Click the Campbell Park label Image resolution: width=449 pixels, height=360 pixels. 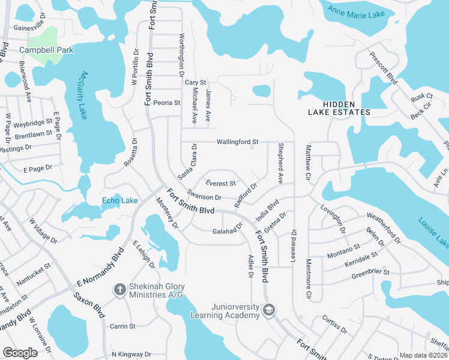tap(47, 50)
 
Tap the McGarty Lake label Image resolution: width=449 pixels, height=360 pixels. tap(83, 95)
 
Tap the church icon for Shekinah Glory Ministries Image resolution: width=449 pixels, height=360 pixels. tap(119, 290)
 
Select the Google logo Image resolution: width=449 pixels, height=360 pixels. tap(20, 353)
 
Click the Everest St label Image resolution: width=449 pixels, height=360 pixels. tap(220, 183)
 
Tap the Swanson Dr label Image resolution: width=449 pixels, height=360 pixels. tap(205, 196)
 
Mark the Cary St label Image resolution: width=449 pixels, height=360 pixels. tap(195, 82)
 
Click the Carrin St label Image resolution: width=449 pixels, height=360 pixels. tap(122, 326)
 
